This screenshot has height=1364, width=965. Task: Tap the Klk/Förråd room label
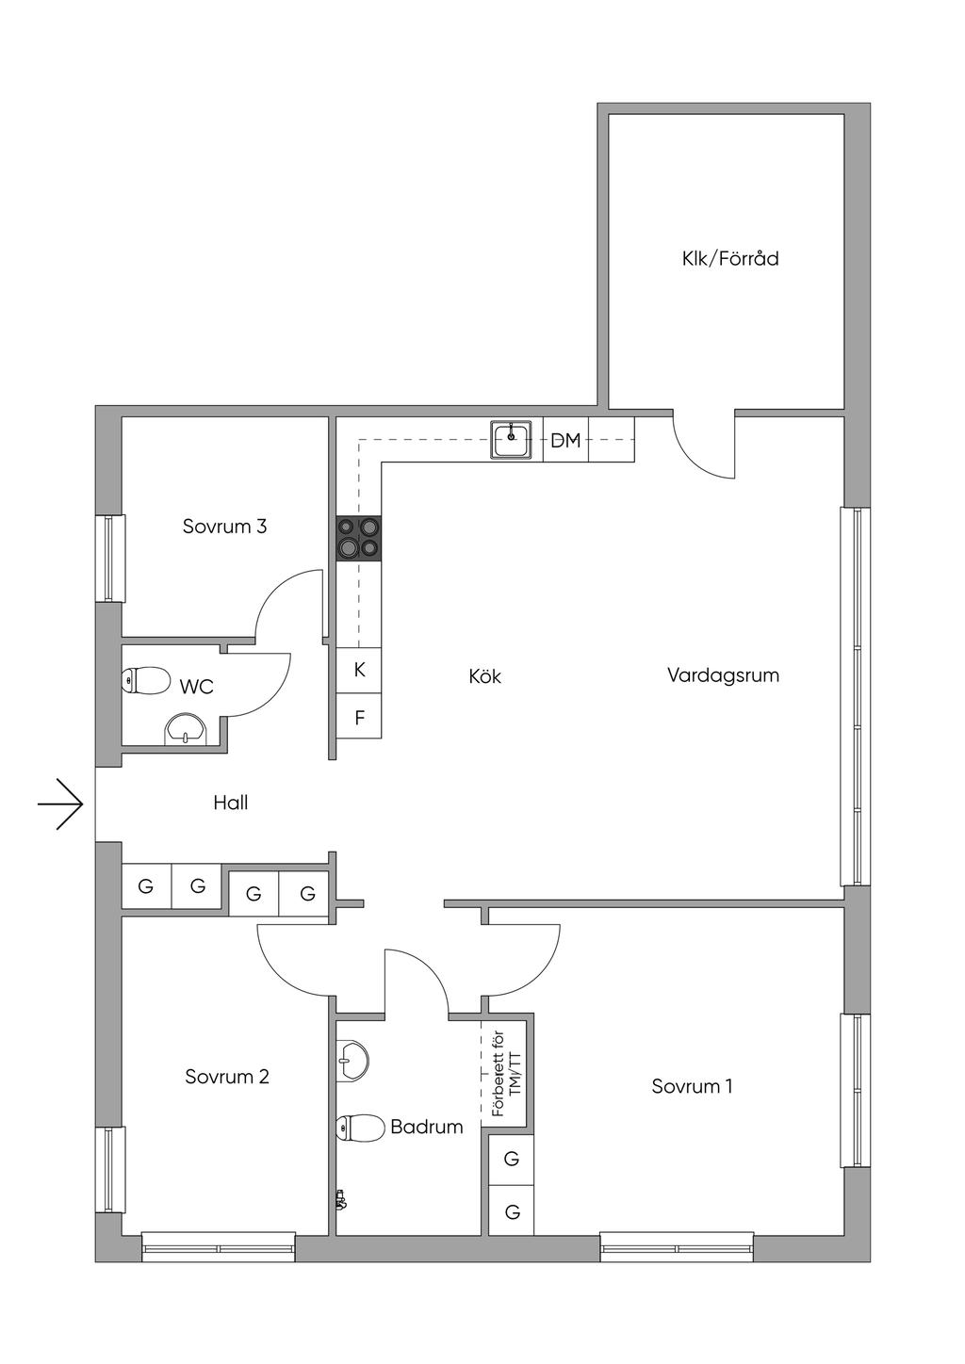click(730, 258)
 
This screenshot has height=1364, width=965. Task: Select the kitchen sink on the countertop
click(511, 440)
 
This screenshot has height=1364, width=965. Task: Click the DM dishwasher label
click(565, 440)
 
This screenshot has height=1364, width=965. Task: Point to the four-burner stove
click(359, 539)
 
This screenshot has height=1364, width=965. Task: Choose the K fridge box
click(359, 670)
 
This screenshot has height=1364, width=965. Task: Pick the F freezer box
click(359, 718)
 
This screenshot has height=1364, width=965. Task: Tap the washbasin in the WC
click(186, 729)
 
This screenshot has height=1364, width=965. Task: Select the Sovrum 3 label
click(224, 526)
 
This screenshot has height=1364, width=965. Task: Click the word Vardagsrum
click(723, 675)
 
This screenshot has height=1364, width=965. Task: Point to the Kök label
click(484, 676)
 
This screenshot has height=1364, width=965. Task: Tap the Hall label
click(230, 803)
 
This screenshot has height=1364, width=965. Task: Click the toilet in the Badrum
click(356, 1127)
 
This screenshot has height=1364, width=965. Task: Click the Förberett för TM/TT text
click(506, 1075)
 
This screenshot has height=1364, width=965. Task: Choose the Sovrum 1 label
click(692, 1086)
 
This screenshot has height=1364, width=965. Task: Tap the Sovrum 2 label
click(227, 1077)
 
